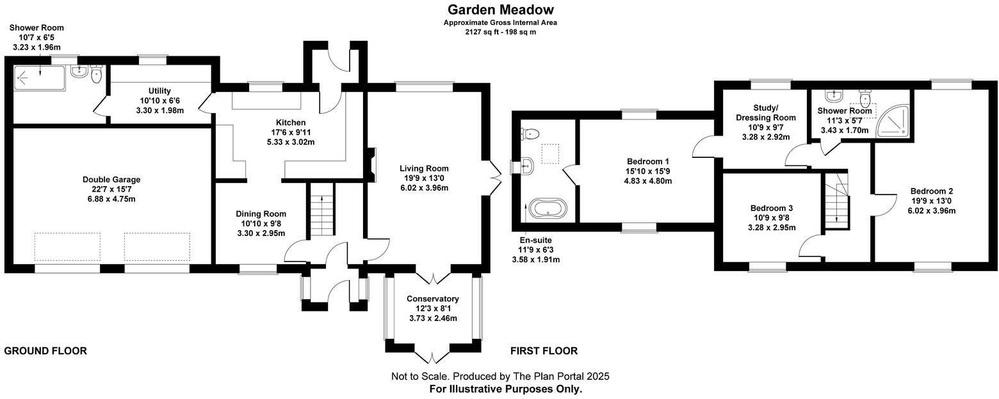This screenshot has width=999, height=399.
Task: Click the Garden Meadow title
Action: [x=500, y=10]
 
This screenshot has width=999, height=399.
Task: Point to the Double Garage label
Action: [x=111, y=180]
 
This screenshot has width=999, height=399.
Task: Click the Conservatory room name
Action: [x=433, y=299]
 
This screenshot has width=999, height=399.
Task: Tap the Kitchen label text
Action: [x=291, y=123]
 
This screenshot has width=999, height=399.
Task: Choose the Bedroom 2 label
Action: [x=932, y=191]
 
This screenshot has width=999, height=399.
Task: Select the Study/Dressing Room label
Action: [x=766, y=113]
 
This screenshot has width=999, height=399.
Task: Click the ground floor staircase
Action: [x=321, y=215]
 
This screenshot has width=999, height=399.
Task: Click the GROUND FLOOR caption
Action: [x=45, y=351]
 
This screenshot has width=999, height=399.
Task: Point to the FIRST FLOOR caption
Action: [x=544, y=351]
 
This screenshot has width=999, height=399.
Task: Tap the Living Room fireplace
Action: [x=371, y=165]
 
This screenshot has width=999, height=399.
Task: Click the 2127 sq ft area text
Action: [x=500, y=31]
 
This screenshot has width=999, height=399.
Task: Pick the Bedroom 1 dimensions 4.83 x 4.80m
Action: [x=648, y=181]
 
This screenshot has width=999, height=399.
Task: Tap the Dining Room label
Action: [x=261, y=214]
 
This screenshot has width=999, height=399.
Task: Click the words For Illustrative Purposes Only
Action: [x=506, y=389]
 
